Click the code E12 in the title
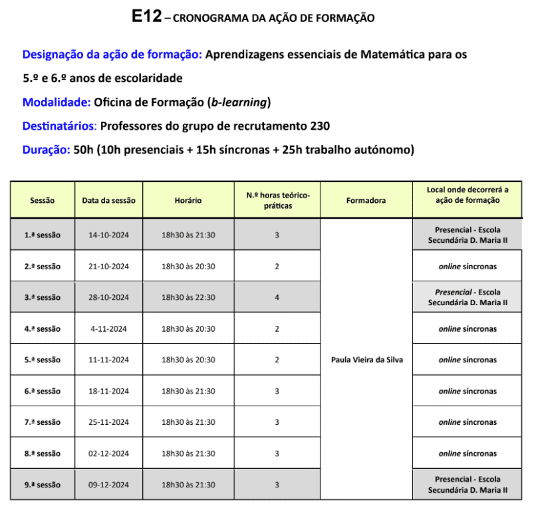tap(146, 17)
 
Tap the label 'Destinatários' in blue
tap(59, 126)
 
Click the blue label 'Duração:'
tap(46, 150)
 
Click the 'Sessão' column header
tap(43, 200)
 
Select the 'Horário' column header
tap(188, 200)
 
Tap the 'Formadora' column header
tap(366, 200)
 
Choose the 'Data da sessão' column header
tap(108, 200)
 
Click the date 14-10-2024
tap(108, 235)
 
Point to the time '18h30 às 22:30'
tap(188, 298)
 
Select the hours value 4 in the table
tap(277, 298)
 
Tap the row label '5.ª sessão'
tap(43, 360)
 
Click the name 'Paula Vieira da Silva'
tap(366, 360)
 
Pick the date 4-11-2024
tap(108, 329)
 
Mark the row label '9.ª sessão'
tap(43, 485)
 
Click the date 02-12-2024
tap(108, 454)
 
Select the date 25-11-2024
tap(108, 423)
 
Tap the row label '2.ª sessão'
tap(43, 267)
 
